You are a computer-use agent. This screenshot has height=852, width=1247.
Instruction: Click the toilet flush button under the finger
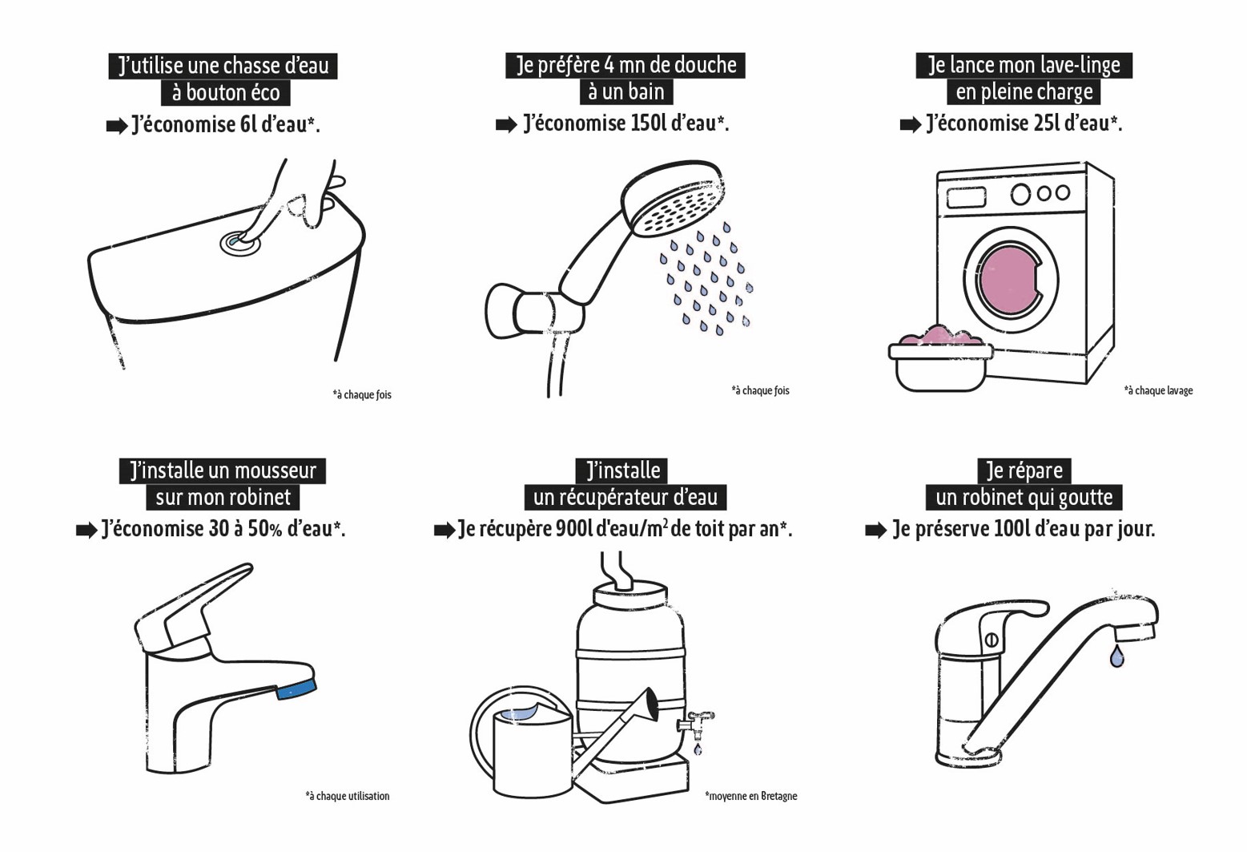[x=240, y=244]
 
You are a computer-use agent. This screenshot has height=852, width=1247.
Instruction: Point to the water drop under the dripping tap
[x=1116, y=656]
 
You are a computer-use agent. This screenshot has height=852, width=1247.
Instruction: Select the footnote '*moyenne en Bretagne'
[x=751, y=796]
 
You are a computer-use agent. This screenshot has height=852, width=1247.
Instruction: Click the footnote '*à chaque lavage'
[x=1158, y=390]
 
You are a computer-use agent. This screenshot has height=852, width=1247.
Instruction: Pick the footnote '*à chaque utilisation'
[x=348, y=796]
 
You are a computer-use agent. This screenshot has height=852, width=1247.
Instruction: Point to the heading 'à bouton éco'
[x=226, y=92]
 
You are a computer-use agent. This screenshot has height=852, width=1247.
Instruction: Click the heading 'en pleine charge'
[x=1024, y=92]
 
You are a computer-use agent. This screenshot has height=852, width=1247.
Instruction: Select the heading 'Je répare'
[x=1024, y=470]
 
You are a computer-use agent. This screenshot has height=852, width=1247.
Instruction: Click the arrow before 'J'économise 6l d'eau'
[x=117, y=127]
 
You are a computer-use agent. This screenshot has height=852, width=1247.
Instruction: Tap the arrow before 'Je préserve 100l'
[x=875, y=531]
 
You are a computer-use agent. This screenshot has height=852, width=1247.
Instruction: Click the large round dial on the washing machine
[x=1020, y=195]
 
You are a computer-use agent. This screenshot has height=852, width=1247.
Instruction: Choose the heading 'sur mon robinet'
[x=223, y=497]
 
